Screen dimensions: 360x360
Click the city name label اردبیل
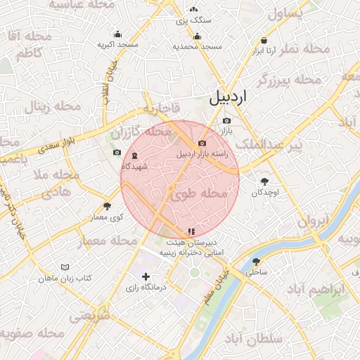(x=229, y=98)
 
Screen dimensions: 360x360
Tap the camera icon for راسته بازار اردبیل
(x=202, y=143)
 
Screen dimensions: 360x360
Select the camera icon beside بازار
(x=226, y=120)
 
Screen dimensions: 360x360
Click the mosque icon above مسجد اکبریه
(x=117, y=34)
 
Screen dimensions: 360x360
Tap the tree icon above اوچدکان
(x=265, y=181)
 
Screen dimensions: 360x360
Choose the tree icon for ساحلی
(x=255, y=261)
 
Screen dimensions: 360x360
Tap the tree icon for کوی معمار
(x=107, y=206)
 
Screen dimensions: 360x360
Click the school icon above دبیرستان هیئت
(x=191, y=231)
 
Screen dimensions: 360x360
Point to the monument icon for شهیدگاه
(x=135, y=155)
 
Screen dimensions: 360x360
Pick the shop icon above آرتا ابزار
(x=264, y=41)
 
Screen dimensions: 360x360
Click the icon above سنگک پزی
(x=193, y=10)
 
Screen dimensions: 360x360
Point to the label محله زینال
(x=46, y=108)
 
